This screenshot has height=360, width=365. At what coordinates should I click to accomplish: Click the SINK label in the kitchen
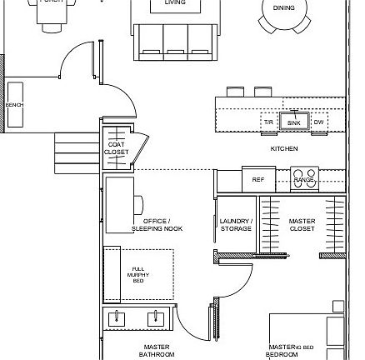click(x=292, y=122)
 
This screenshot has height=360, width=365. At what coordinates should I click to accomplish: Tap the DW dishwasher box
click(x=318, y=122)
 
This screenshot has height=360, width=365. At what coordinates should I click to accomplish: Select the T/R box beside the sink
click(x=268, y=122)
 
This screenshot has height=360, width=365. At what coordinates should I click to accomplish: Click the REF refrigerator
click(x=258, y=179)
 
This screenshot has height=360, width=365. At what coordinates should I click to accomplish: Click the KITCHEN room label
click(x=284, y=148)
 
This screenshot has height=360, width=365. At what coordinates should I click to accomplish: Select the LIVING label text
click(x=174, y=3)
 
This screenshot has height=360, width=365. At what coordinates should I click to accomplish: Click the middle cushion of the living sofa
click(x=176, y=42)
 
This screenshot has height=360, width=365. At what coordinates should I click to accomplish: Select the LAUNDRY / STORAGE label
click(x=236, y=225)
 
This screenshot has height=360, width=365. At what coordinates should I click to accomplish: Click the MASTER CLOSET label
click(x=302, y=225)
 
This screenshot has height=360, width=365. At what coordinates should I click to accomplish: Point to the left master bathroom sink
click(x=117, y=318)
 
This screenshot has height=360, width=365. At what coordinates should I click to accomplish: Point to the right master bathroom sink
click(x=155, y=318)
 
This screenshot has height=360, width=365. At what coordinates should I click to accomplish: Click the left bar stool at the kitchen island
click(x=236, y=91)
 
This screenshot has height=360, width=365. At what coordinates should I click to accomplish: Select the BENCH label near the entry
click(x=15, y=105)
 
